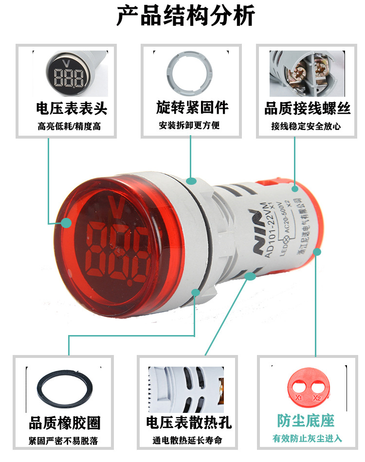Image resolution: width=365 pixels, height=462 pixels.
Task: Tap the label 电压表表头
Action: tap(72, 107)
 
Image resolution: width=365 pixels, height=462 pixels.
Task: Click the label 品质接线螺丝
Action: tap(308, 108)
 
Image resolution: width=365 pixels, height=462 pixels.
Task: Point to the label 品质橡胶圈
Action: tap(65, 423)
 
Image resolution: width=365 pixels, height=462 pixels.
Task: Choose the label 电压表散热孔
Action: tap(189, 423)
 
